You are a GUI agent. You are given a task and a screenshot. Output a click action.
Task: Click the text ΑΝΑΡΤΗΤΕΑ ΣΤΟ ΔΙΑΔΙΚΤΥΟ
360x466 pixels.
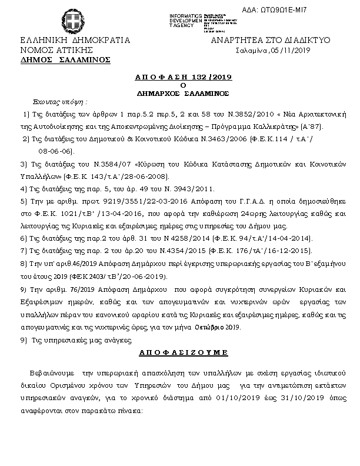(x=270, y=41)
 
